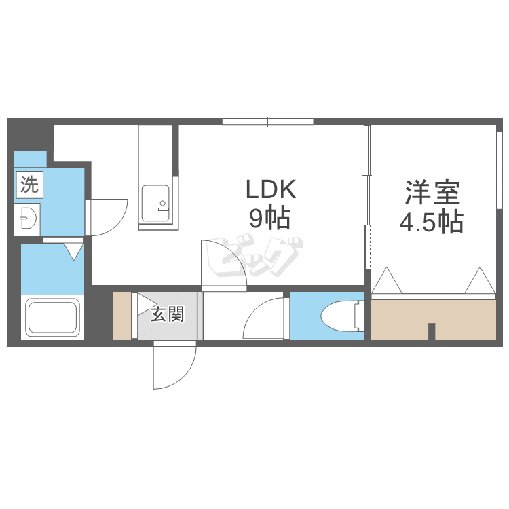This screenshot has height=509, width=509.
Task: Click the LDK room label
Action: tap(271, 189)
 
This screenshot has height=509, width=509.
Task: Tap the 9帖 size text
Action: tap(269, 219)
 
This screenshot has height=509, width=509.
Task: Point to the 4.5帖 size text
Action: tap(432, 223)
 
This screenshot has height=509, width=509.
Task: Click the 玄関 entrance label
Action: tap(168, 314)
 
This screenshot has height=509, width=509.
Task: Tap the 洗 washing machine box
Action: tap(29, 185)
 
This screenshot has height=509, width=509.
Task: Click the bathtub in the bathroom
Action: tap(52, 318)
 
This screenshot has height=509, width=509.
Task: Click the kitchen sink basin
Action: tap(155, 203)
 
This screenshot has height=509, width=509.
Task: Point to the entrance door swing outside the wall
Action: tap(175, 364)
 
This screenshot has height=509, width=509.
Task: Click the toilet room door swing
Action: tap(263, 318)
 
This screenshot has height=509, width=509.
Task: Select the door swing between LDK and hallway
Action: tap(224, 265)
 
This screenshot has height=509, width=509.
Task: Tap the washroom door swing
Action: tap(109, 217)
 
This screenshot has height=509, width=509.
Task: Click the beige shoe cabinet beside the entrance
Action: tap(122, 316)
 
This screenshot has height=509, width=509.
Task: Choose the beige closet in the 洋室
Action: tap(434, 320)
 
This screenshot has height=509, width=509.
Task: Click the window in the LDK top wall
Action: tap(268, 121)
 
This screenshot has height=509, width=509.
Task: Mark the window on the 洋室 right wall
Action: tap(499, 170)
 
